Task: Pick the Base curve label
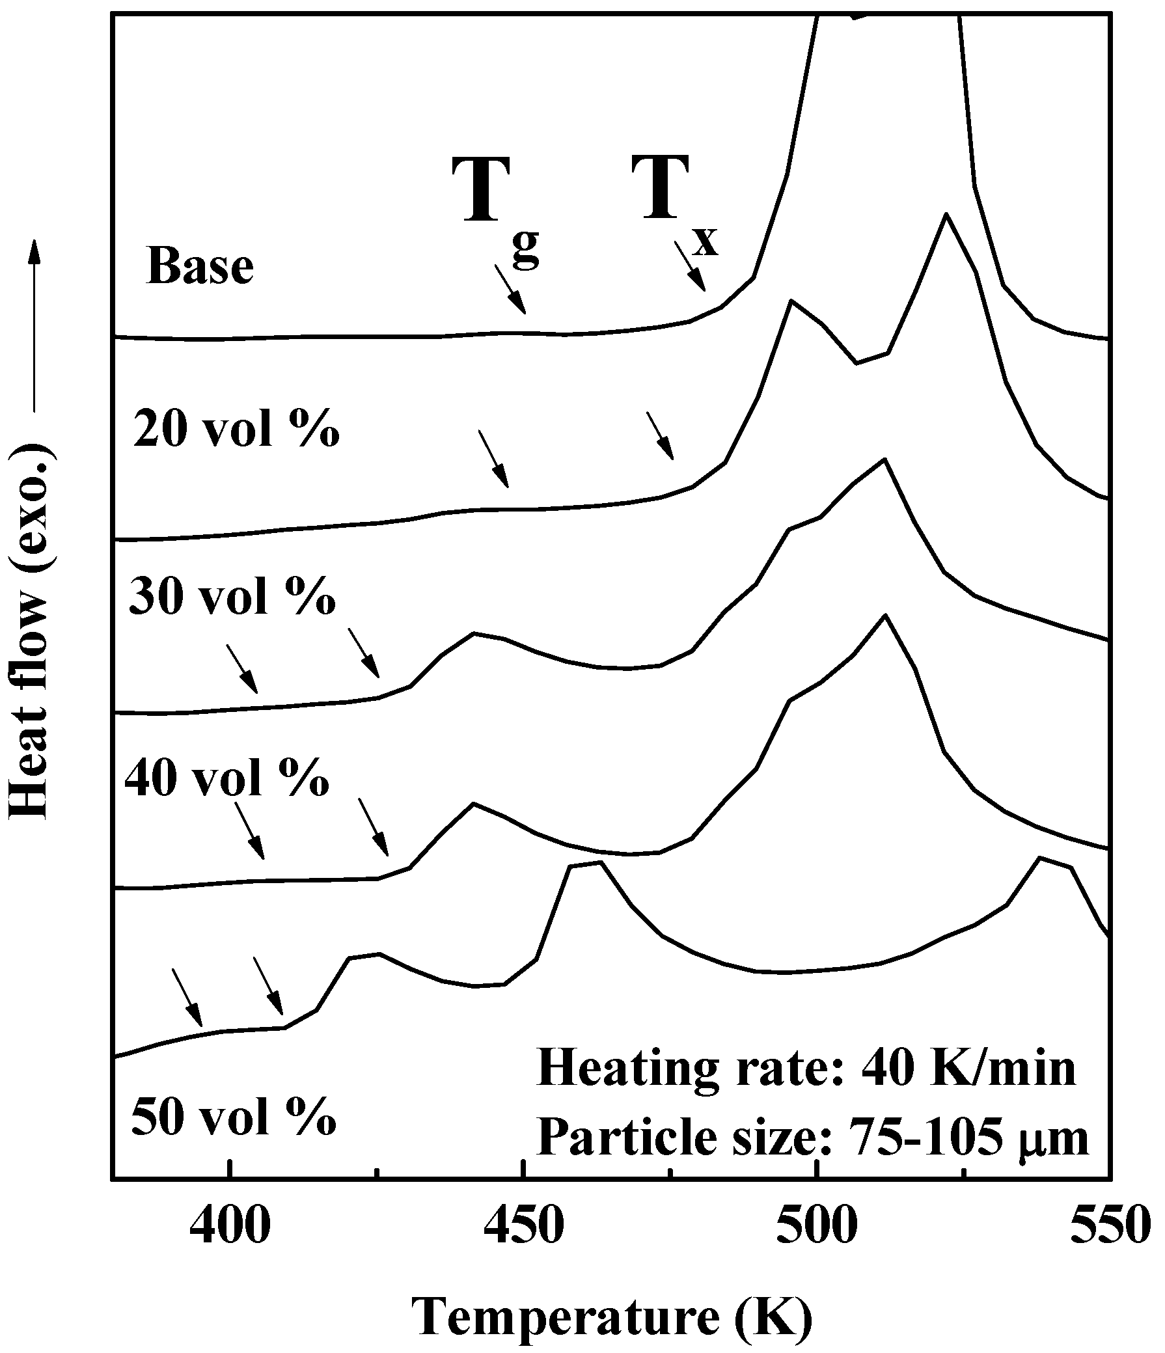[x=200, y=267]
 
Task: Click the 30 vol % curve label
[x=232, y=598]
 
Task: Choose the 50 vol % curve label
[x=233, y=1117]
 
